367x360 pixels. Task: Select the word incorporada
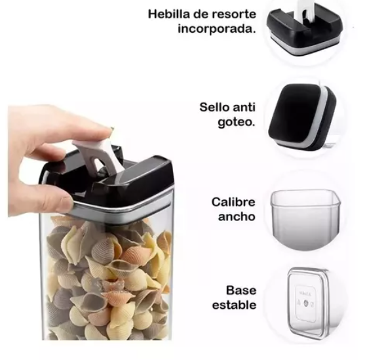(x=217, y=30)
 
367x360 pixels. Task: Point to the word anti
(x=244, y=108)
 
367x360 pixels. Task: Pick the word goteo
(x=237, y=122)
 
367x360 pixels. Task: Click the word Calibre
(x=233, y=202)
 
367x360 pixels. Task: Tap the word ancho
(x=237, y=216)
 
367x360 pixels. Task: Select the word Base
(x=241, y=290)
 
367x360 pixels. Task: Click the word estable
(x=234, y=305)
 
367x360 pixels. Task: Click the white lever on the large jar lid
(x=97, y=155)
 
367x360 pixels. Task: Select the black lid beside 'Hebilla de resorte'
(x=305, y=30)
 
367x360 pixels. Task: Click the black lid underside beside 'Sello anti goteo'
(x=302, y=117)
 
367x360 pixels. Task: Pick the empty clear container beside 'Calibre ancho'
(x=305, y=219)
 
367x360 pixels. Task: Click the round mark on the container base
(x=306, y=303)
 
